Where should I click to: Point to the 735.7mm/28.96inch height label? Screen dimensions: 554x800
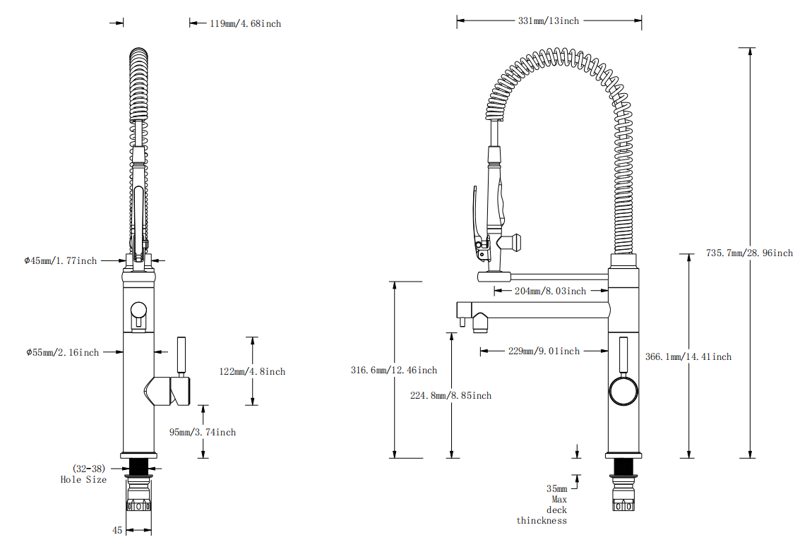coord(749,253)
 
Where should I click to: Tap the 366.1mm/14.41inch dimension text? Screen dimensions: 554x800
coord(688,356)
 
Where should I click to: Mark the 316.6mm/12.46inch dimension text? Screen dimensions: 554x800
coord(393,370)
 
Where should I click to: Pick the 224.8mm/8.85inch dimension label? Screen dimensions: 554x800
coord(450,395)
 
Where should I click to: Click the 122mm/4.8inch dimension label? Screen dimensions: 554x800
coord(252,371)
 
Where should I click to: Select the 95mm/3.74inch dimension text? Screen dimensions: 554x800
coord(203,432)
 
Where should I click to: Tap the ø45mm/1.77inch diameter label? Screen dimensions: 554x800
coord(60,260)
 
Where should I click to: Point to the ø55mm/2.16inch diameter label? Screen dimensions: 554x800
coord(61,351)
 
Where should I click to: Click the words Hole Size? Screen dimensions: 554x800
coord(83,479)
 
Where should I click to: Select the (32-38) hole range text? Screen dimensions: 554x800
coord(88,468)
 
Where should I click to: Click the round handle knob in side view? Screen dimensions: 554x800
coord(623,390)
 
